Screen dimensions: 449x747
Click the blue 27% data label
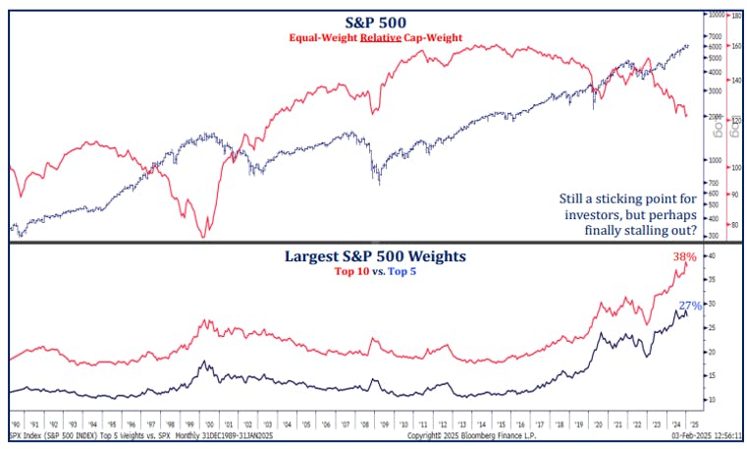pos(689,306)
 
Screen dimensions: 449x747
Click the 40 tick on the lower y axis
pos(712,255)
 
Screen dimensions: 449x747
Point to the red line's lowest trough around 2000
pos(203,236)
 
